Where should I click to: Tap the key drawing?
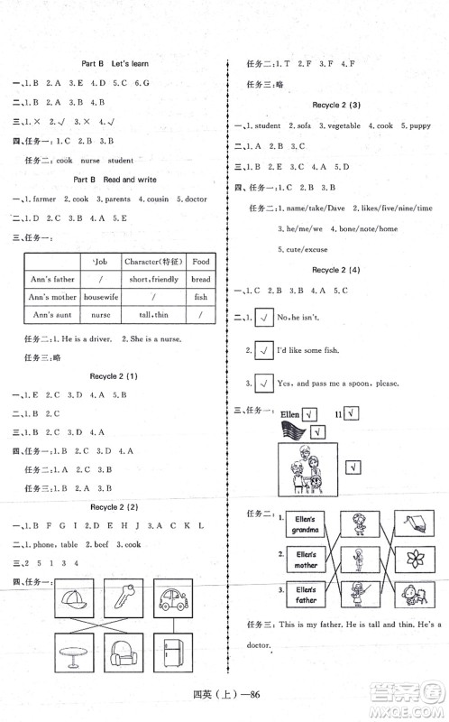(123, 600)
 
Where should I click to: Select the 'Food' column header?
(200, 262)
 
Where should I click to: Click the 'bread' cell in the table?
(200, 279)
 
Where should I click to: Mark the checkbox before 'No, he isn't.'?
(265, 316)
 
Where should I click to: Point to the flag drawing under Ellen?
(293, 430)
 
